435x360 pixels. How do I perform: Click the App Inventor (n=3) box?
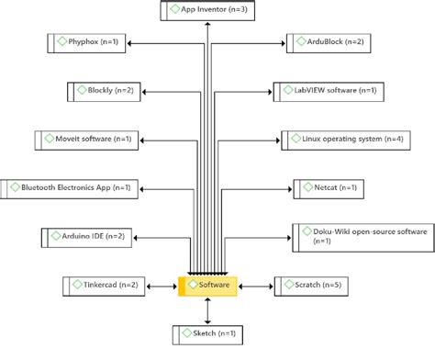[207, 12]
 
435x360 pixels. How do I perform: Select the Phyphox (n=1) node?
[92, 42]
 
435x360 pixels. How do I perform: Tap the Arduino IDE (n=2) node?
[86, 237]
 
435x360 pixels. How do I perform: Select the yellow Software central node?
[207, 286]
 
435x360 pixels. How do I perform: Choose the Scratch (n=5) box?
[311, 286]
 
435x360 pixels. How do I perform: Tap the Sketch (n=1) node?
[207, 334]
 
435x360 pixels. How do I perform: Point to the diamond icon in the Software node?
[191, 286]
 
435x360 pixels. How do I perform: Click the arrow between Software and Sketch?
[207, 309]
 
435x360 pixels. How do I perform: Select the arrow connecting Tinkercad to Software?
[159, 286]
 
